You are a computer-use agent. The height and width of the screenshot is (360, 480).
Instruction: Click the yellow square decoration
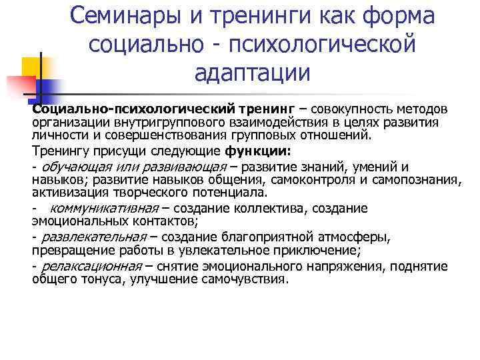(x=32, y=66)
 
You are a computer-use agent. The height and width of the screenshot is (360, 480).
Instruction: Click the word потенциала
(x=225, y=193)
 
